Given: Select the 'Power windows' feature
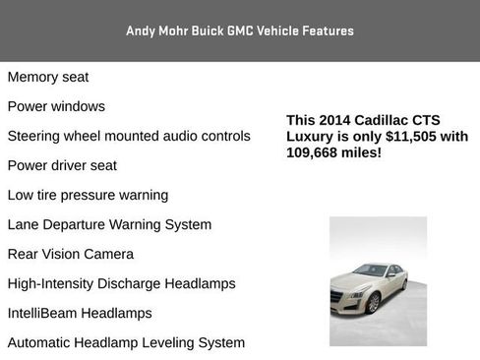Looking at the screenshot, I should (x=56, y=106).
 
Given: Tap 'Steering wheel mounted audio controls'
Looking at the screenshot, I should (x=129, y=136).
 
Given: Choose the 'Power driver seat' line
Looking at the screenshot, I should (x=62, y=165).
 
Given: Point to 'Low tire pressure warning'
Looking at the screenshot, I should (x=88, y=195).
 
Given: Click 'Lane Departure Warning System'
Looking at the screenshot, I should (x=109, y=224).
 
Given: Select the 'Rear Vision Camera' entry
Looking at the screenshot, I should (x=71, y=254).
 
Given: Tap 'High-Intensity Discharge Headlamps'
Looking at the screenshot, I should (x=122, y=283).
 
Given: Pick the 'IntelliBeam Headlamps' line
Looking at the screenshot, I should (x=80, y=313).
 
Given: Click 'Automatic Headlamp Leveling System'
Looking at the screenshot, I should (x=126, y=342).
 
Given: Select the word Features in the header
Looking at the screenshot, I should (x=328, y=30).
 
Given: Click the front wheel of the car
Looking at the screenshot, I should (x=374, y=304).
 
